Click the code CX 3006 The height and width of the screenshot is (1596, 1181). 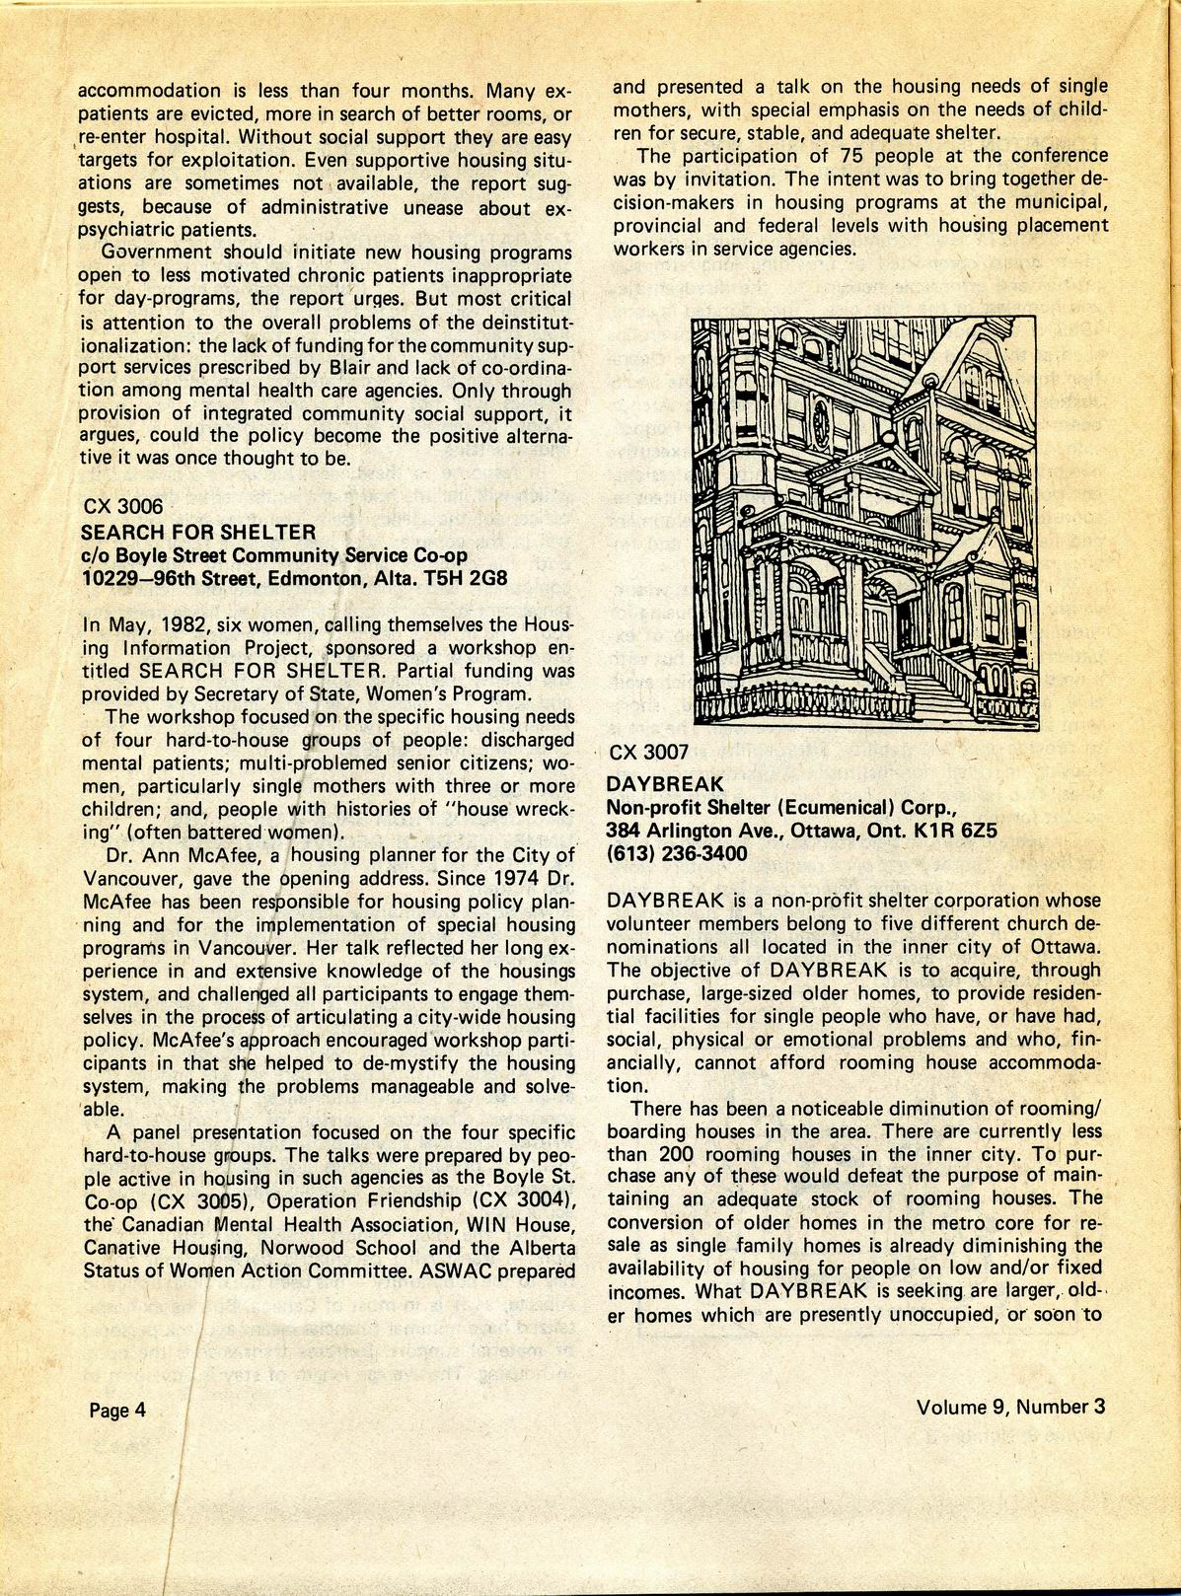pos(123,508)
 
